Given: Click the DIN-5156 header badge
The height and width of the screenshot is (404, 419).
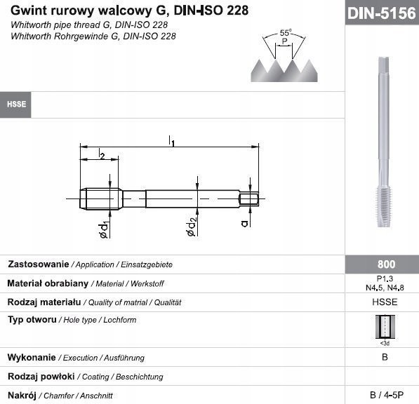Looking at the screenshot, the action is pyautogui.click(x=382, y=13).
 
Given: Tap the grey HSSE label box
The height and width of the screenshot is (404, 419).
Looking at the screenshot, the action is pyautogui.click(x=15, y=105).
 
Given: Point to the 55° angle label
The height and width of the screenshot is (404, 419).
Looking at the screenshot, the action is pyautogui.click(x=286, y=33).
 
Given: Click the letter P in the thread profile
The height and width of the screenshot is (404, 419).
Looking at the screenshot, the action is pyautogui.click(x=284, y=41).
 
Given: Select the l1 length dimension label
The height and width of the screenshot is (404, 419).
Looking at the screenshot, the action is pyautogui.click(x=171, y=141).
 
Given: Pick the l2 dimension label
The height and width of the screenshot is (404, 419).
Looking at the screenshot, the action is pyautogui.click(x=102, y=154).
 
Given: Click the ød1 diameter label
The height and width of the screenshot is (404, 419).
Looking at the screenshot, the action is pyautogui.click(x=103, y=230).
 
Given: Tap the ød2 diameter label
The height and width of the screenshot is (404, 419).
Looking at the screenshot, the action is pyautogui.click(x=192, y=227).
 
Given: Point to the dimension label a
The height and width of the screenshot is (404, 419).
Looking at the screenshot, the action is pyautogui.click(x=244, y=223).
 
